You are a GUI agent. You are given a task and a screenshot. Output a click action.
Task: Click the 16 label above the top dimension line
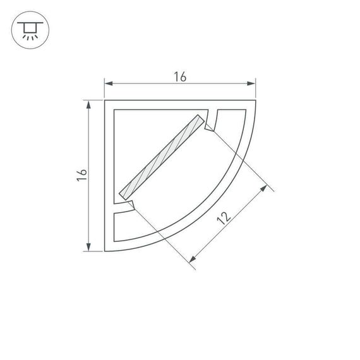click(179, 77)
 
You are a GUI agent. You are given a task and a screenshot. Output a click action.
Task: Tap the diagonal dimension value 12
click(222, 219)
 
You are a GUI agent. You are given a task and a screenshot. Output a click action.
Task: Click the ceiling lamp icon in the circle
click(28, 29)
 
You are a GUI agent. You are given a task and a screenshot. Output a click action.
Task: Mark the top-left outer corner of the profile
click(105, 100)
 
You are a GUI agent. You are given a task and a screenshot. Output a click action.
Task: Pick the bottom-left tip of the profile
click(105, 250)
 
